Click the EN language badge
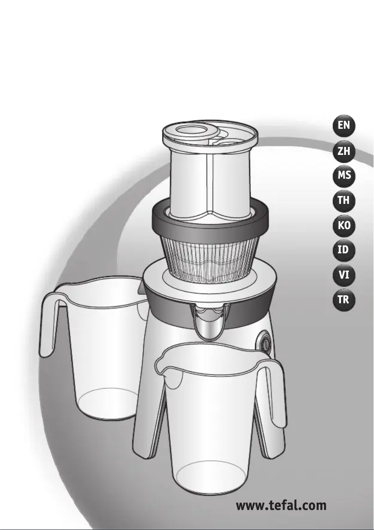[x=344, y=126]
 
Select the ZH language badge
[x=344, y=151]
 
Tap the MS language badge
[x=344, y=175]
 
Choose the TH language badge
[x=344, y=201]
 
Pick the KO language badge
[x=344, y=225]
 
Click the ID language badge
[x=344, y=250]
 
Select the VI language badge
[x=344, y=275]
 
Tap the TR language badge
[x=344, y=300]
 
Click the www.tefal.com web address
[x=281, y=506]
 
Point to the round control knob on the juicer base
[x=265, y=343]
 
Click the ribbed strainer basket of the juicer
[x=209, y=258]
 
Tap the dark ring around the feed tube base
[x=210, y=220]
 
